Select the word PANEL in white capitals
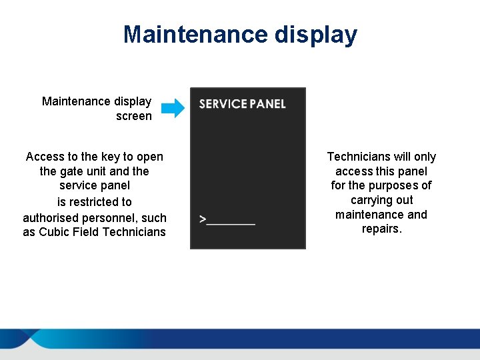click(x=268, y=104)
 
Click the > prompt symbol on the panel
click(x=203, y=219)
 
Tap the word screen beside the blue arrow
click(x=133, y=116)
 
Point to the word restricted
click(x=100, y=202)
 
